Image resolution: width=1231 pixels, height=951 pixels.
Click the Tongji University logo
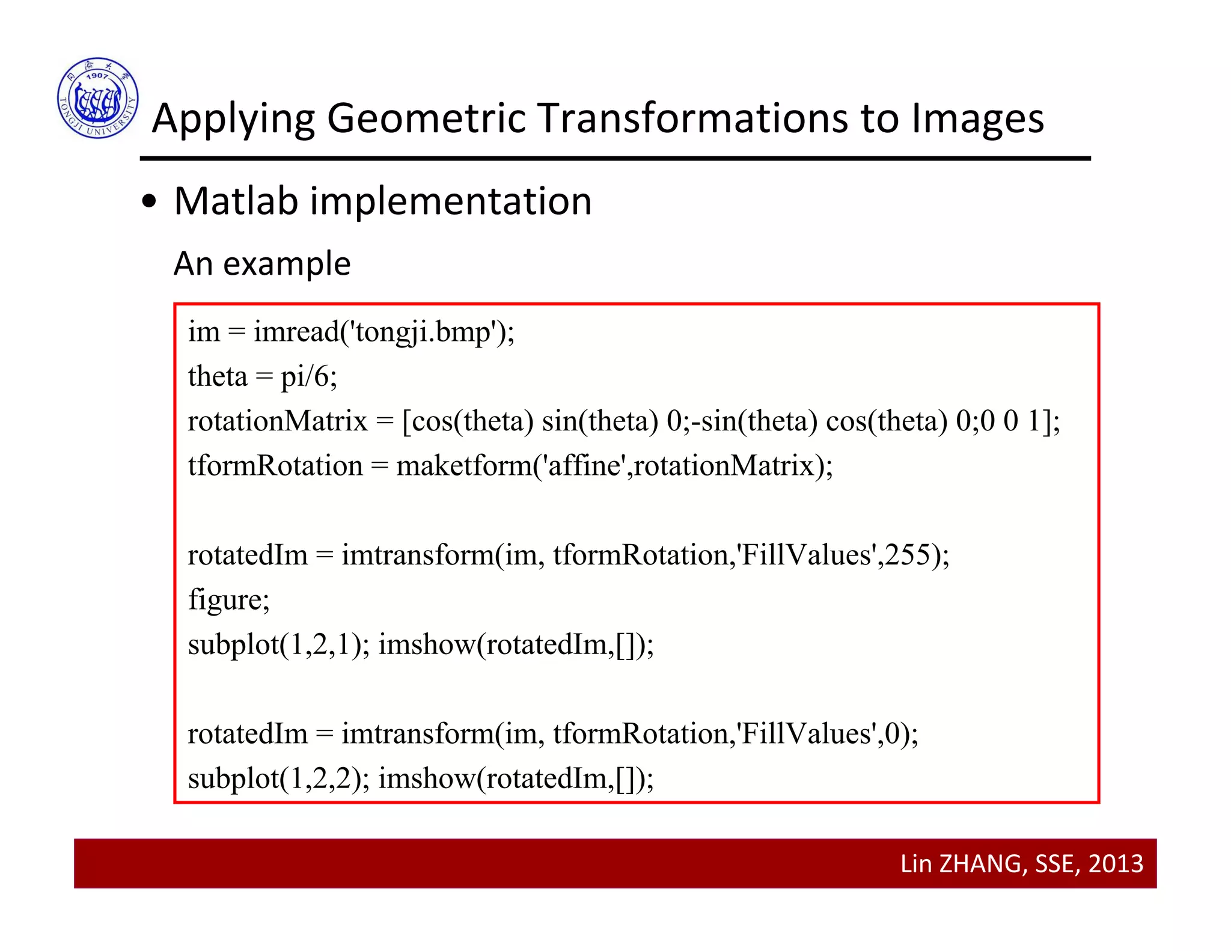tap(98, 98)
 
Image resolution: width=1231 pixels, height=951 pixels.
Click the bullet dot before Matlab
tap(149, 203)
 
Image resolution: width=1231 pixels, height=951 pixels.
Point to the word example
tap(287, 264)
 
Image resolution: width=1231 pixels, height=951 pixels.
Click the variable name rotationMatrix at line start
tap(277, 421)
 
